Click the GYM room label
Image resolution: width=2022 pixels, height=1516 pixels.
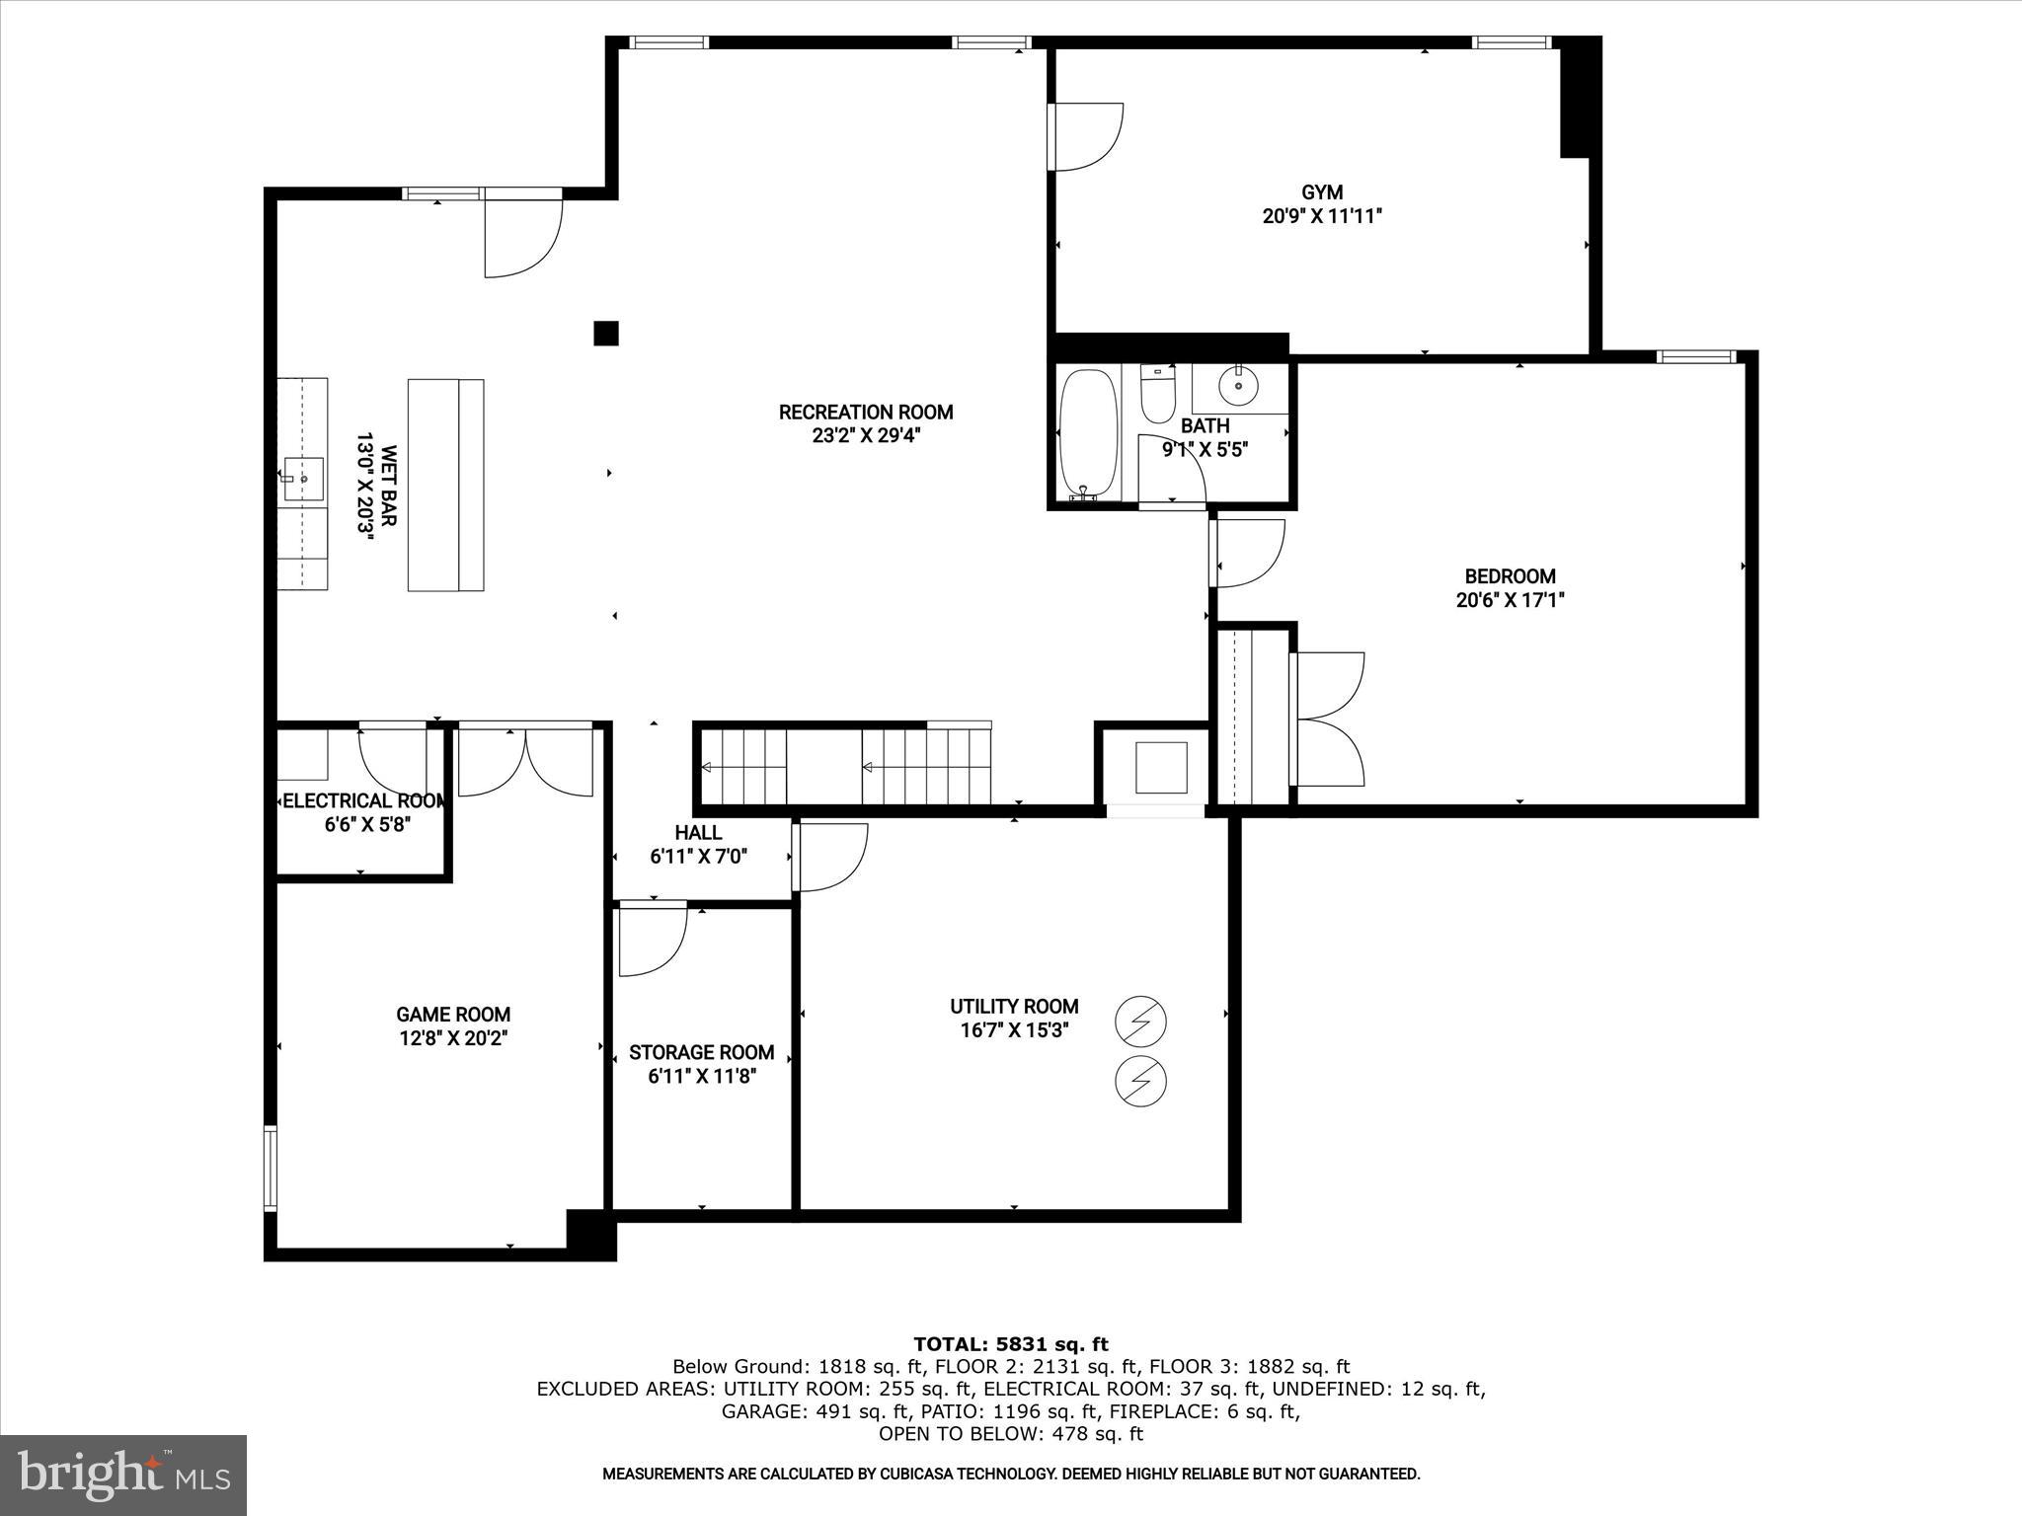1321,192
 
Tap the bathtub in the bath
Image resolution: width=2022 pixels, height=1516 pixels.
1088,434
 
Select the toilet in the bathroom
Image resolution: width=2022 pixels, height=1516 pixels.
1156,394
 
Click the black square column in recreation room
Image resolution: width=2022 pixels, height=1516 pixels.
605,334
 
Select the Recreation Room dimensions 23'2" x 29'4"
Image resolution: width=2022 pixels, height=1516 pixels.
866,436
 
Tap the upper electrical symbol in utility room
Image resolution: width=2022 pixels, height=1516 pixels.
1140,1022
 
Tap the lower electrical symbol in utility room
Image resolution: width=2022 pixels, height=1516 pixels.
1140,1081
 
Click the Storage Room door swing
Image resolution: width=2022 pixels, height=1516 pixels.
650,941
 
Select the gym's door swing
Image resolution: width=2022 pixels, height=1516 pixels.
1088,136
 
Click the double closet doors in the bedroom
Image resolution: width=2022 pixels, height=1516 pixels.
1328,719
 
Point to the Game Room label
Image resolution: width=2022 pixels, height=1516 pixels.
453,1015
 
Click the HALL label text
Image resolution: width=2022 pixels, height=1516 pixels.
698,833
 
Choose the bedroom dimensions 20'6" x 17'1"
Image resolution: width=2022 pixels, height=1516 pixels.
1510,600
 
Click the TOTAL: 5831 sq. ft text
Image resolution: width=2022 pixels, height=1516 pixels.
1011,1344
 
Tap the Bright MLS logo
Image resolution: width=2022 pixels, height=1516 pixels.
123,1475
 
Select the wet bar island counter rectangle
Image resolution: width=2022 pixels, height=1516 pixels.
445,485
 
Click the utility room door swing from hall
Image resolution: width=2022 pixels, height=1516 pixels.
831,856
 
